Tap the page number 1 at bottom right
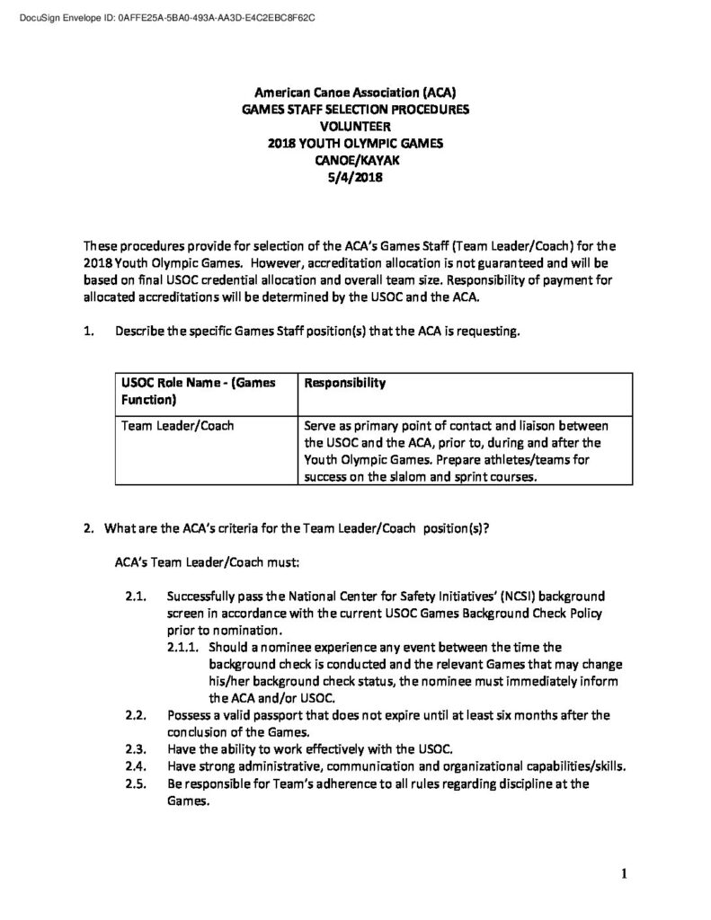click(x=623, y=872)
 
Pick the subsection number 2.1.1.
click(x=182, y=647)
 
